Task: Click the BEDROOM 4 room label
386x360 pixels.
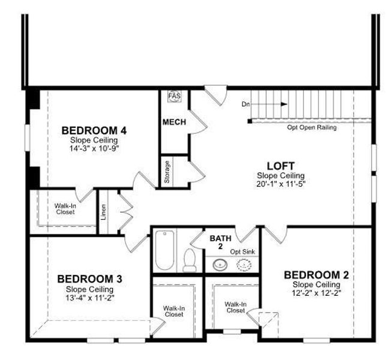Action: pos(93,130)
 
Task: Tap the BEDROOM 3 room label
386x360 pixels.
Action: pos(89,279)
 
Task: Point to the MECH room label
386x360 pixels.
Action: pos(174,122)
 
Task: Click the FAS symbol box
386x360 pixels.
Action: pos(174,97)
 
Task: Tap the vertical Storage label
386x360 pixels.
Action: pos(167,172)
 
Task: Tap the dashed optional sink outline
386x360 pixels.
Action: pos(243,264)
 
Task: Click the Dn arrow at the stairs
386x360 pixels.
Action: pos(270,104)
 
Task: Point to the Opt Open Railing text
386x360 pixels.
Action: pos(312,127)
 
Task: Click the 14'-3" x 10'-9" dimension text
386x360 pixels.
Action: pos(93,148)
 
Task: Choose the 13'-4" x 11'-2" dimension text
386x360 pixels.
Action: pos(89,297)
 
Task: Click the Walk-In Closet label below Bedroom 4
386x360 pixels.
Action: pos(65,209)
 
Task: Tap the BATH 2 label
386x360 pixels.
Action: pos(217,242)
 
